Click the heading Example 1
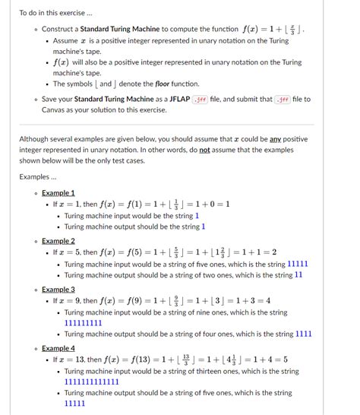coord(58,193)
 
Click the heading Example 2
coord(58,241)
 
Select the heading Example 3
coord(58,290)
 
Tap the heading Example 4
coord(58,347)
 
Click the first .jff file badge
coord(201,100)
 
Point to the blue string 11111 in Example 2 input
coord(297,264)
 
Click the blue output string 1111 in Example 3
coord(304,334)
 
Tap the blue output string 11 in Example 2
coord(298,275)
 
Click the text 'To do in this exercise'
coord(55,13)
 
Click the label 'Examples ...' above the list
coord(39,176)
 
